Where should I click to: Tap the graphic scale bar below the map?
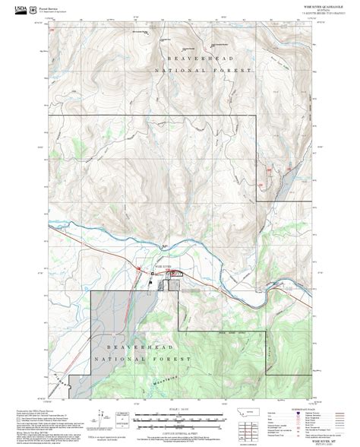point(179,417)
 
